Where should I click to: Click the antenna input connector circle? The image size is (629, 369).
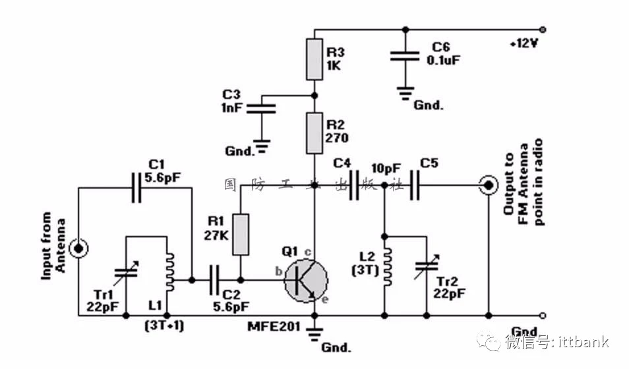click(x=79, y=248)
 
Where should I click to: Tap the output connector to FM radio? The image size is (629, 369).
click(x=489, y=186)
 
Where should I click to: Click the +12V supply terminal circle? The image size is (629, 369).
click(x=543, y=29)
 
